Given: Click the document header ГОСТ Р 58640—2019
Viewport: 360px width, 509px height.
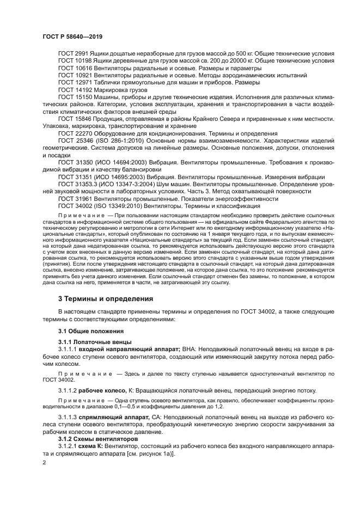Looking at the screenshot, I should point(72,36).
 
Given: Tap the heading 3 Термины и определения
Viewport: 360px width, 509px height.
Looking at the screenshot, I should point(106,299).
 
